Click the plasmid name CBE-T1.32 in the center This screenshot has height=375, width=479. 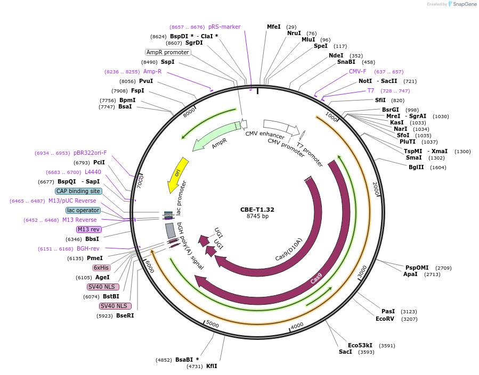[x=257, y=209]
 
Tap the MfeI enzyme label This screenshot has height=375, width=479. [x=273, y=27]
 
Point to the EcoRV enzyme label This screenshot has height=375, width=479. [x=385, y=319]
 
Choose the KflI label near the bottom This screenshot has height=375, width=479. [x=212, y=366]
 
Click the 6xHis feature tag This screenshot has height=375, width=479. [x=101, y=268]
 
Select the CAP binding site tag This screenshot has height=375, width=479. [x=78, y=191]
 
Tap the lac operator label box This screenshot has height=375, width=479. [x=83, y=210]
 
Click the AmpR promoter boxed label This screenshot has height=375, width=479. [x=168, y=52]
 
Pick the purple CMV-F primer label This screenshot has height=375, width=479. [x=358, y=71]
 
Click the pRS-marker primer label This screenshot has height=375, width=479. [x=224, y=27]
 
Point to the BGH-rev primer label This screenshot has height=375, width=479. [x=88, y=248]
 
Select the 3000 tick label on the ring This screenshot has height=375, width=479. [x=363, y=271]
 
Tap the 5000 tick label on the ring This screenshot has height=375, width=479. [x=212, y=324]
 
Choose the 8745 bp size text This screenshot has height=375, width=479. [x=257, y=216]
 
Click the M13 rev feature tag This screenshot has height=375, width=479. [x=88, y=229]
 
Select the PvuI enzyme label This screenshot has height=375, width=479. [x=146, y=81]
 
